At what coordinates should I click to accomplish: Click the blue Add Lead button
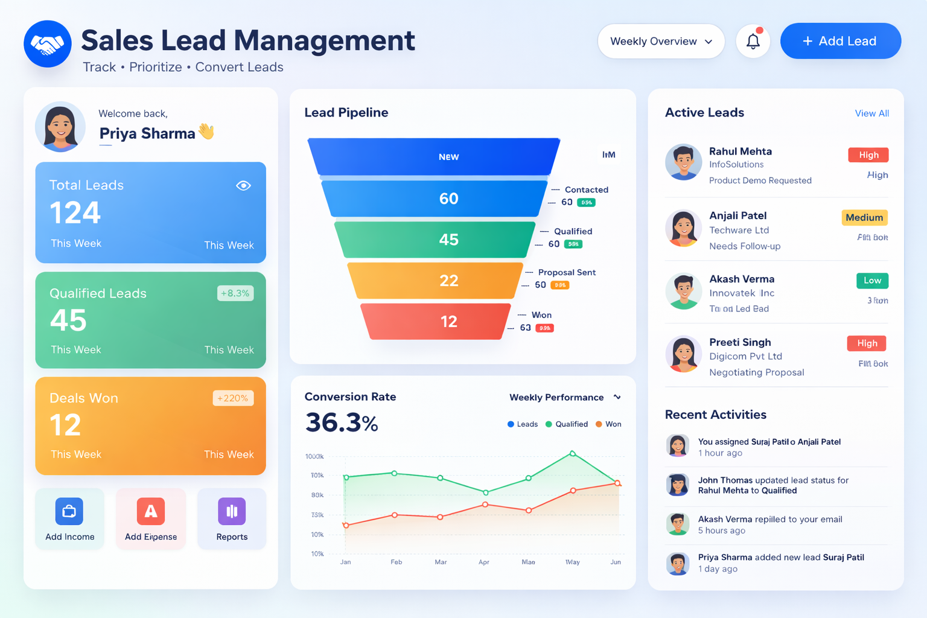coord(840,41)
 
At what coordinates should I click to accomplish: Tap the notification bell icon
coord(753,41)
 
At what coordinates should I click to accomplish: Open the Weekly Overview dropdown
coord(661,41)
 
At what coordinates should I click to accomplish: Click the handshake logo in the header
coord(48,44)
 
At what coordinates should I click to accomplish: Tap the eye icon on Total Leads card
coord(243,185)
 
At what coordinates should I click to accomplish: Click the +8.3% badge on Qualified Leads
coord(235,293)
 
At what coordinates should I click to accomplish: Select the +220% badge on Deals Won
coord(233,398)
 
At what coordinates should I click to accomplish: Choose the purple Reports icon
coord(232,512)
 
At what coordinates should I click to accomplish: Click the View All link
coord(871,113)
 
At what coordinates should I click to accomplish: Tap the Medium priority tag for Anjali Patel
coord(864,218)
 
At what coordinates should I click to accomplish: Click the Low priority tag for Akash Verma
coord(872,280)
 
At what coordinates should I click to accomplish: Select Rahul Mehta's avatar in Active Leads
coord(683,162)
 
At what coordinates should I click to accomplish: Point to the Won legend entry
coord(608,424)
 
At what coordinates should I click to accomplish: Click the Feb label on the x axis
coord(396,562)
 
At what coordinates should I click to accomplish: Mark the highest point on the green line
coord(572,453)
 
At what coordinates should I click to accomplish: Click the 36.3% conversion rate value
coord(342,422)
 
